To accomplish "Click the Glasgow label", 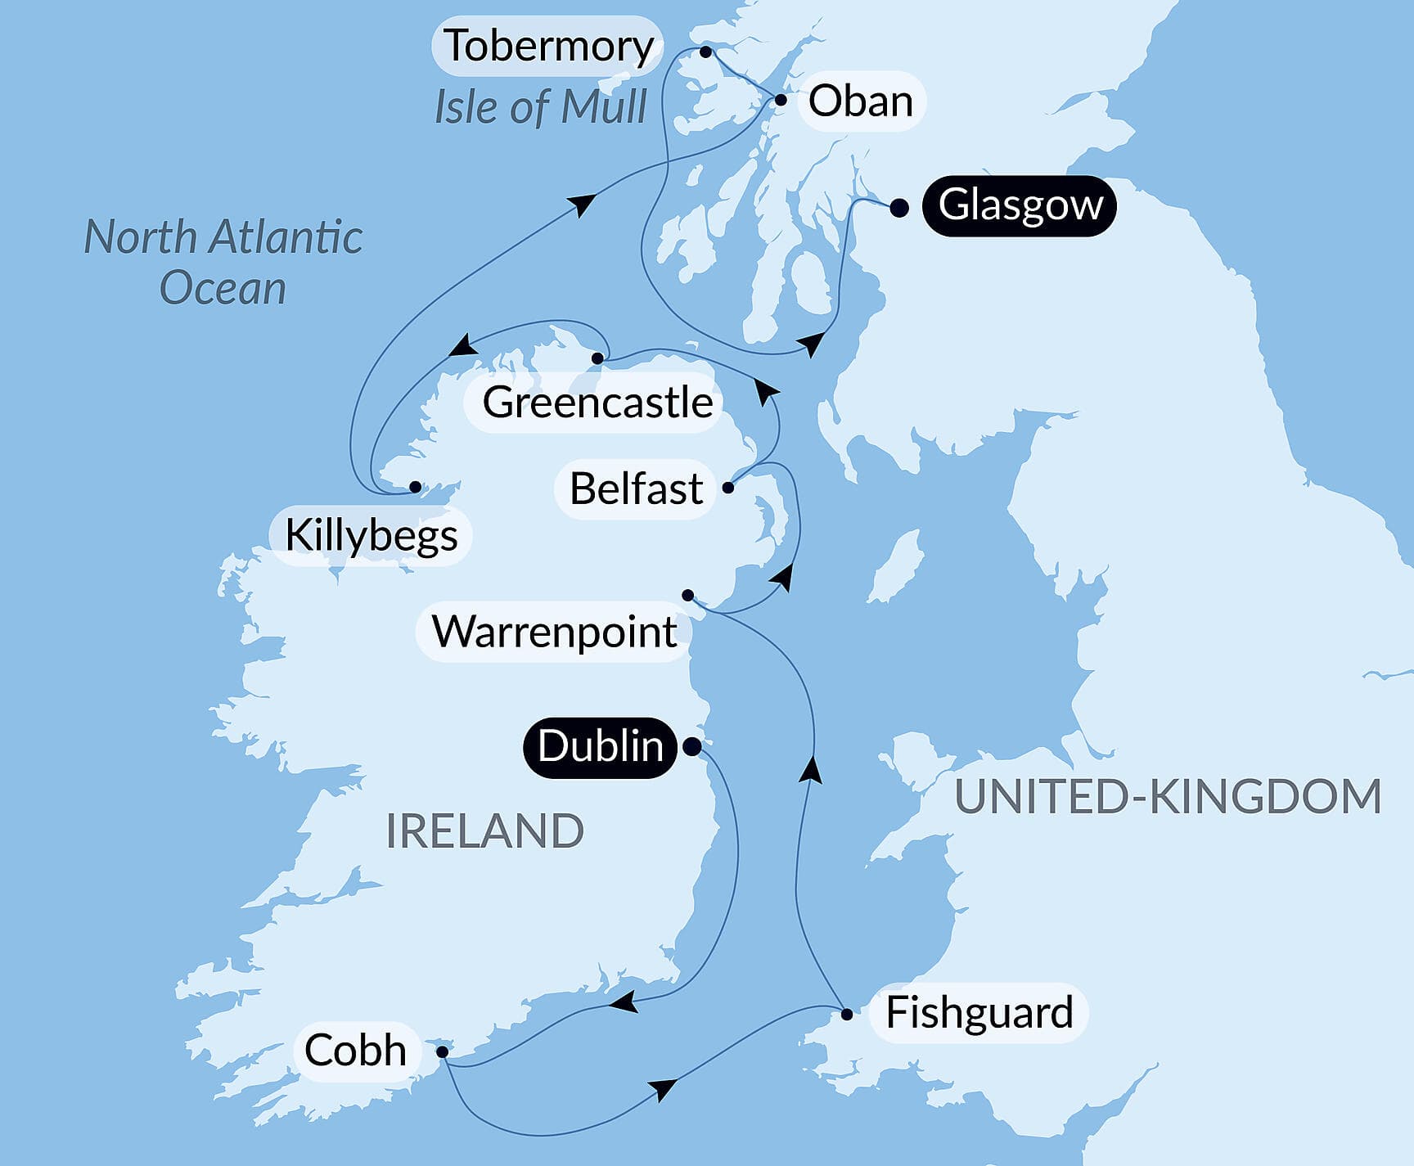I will [x=1019, y=205].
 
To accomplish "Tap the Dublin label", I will [x=600, y=747].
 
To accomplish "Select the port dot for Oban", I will [x=781, y=101].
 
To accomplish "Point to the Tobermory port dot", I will [x=705, y=52].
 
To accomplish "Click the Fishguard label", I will [x=979, y=1013].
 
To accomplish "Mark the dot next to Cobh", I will [x=442, y=1051].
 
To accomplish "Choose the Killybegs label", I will [x=371, y=536].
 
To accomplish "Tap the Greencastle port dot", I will [x=597, y=358].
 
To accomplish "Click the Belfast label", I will [x=636, y=489].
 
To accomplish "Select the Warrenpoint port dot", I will [x=687, y=595].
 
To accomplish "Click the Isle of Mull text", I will [x=540, y=107].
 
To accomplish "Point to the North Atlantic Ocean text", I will [x=223, y=262].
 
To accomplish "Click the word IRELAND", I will [x=484, y=831].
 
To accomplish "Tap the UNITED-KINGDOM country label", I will [x=1168, y=797].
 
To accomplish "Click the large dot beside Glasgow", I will [x=898, y=208].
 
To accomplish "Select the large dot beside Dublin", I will [x=691, y=746].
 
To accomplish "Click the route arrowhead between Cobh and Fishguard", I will [x=663, y=1089].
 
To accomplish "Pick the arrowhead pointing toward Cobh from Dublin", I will [x=624, y=1002].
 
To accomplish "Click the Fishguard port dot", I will [x=847, y=1015].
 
